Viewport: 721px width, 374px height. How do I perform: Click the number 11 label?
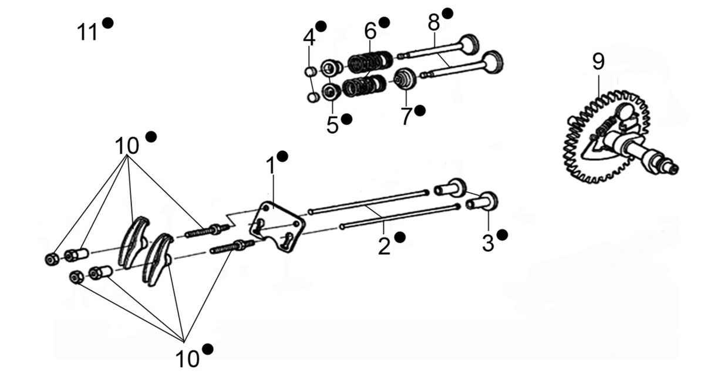click(87, 32)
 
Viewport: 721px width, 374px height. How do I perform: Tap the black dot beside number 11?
click(108, 23)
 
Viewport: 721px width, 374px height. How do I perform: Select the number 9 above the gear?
click(599, 62)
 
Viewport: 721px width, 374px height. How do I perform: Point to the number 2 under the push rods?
click(384, 247)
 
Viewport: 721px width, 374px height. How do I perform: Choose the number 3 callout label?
click(488, 244)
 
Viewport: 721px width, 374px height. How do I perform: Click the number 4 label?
click(309, 38)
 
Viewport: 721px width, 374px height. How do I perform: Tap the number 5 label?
click(332, 126)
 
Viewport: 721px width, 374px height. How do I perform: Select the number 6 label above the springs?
click(370, 31)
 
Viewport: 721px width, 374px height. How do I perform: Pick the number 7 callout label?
click(406, 116)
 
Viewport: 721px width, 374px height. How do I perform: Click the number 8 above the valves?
click(434, 23)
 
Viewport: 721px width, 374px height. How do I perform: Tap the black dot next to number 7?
click(420, 110)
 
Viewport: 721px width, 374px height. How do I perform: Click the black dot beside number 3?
click(503, 235)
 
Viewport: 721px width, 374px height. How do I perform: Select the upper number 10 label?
click(127, 146)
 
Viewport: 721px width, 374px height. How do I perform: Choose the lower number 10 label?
click(187, 359)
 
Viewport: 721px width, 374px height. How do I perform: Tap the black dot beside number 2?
click(399, 237)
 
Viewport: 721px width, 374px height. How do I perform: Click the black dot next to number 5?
click(346, 119)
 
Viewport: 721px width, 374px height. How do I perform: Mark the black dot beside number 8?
click(448, 14)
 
